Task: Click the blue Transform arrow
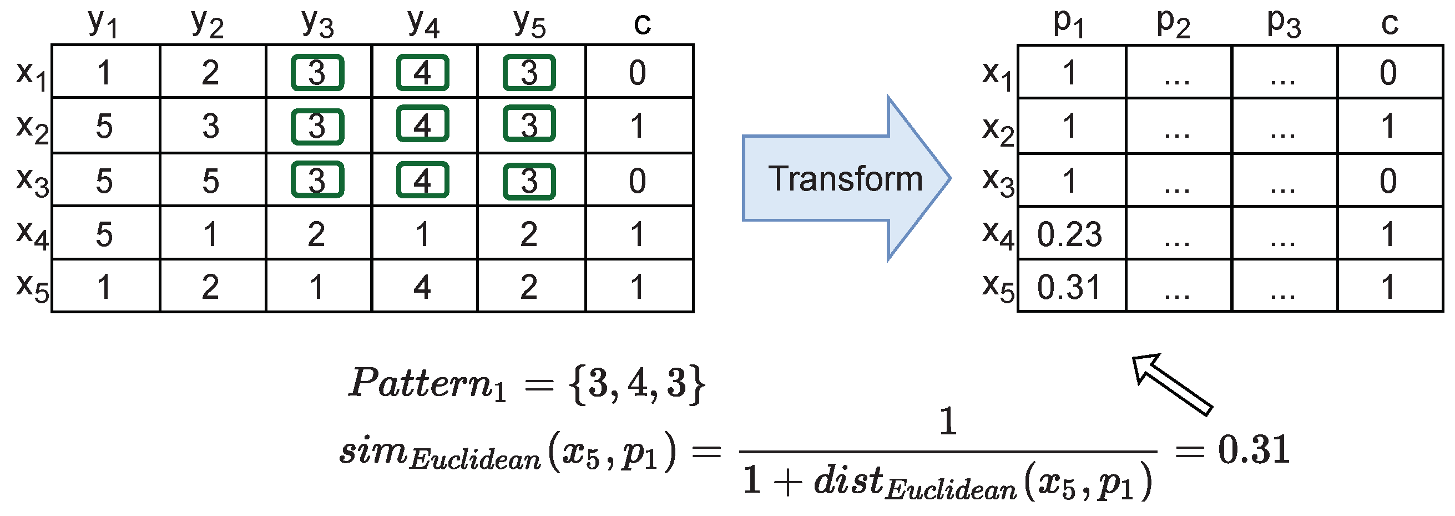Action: click(845, 179)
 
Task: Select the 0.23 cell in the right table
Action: click(1069, 234)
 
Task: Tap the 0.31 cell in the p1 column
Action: click(1069, 287)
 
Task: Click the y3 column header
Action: click(317, 24)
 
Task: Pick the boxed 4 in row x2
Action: click(422, 124)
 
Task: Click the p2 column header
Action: click(1174, 24)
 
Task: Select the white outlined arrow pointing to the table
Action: click(1172, 384)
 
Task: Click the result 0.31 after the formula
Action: click(1254, 450)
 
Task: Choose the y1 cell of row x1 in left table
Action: click(104, 72)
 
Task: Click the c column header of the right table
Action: click(1390, 24)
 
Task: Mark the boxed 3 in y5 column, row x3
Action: click(529, 182)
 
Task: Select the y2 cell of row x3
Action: click(211, 182)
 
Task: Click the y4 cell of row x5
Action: click(422, 287)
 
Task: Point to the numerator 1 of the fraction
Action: click(948, 422)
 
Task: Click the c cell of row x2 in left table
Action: click(638, 126)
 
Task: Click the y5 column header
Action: click(529, 24)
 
